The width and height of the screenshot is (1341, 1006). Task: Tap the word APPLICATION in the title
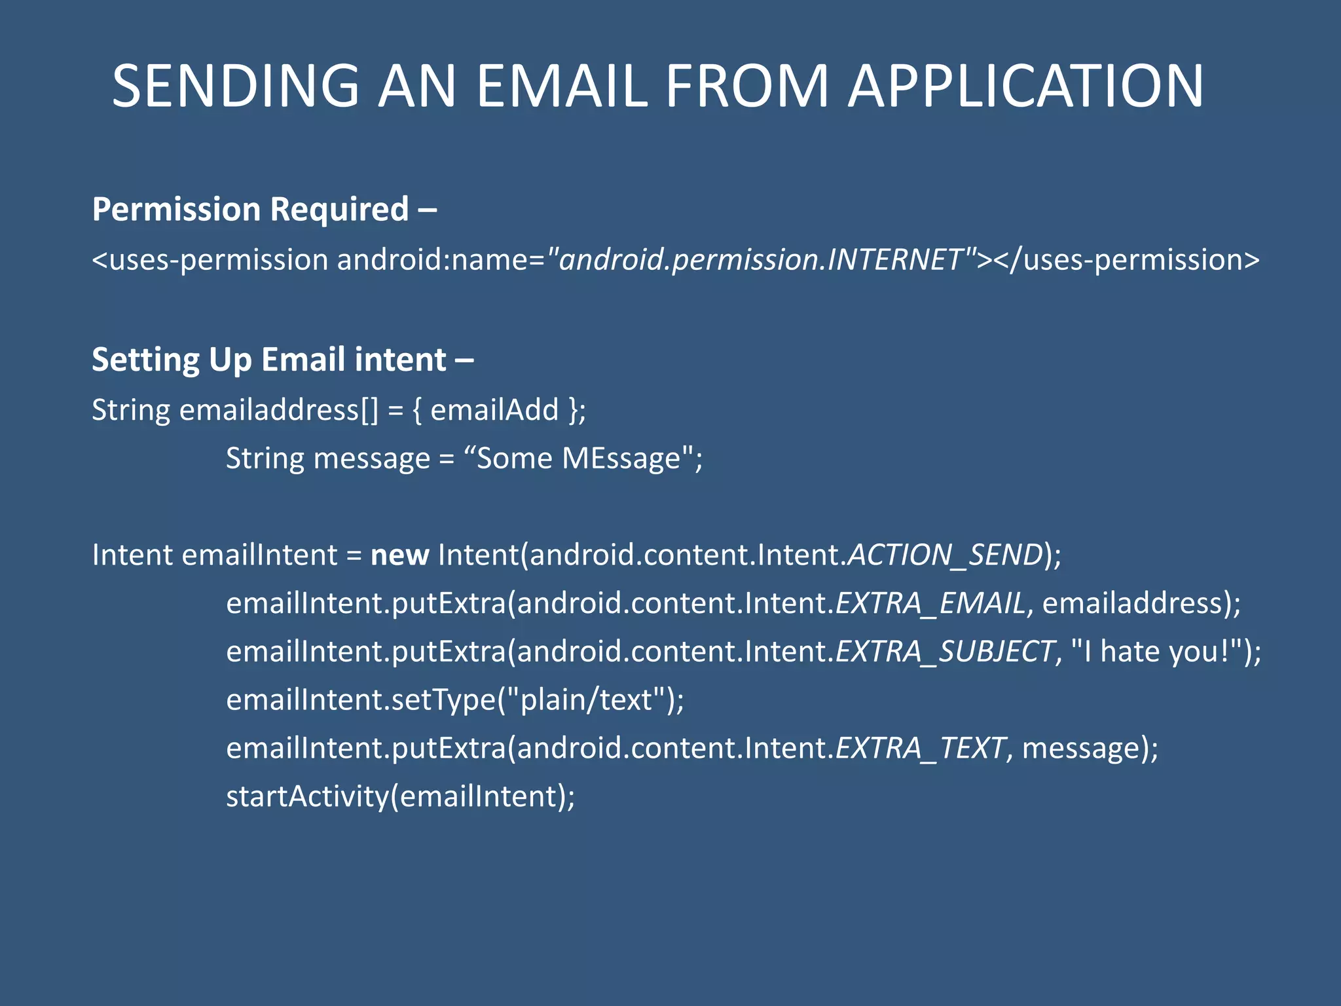click(x=1025, y=86)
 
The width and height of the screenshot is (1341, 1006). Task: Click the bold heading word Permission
click(x=176, y=210)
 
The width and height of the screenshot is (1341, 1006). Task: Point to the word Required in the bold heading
click(x=339, y=210)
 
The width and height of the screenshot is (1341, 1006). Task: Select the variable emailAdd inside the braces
click(x=494, y=411)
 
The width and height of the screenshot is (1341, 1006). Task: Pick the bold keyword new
click(x=399, y=555)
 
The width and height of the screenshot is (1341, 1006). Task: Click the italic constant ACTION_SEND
click(x=945, y=555)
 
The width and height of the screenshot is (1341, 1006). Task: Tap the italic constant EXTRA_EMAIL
click(x=930, y=603)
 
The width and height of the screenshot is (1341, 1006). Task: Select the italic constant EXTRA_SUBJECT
click(x=945, y=652)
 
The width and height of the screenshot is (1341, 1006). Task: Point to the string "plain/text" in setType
click(x=587, y=700)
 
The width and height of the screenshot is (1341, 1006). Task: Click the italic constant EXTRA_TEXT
click(x=920, y=749)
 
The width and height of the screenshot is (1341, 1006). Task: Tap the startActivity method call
click(x=307, y=797)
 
